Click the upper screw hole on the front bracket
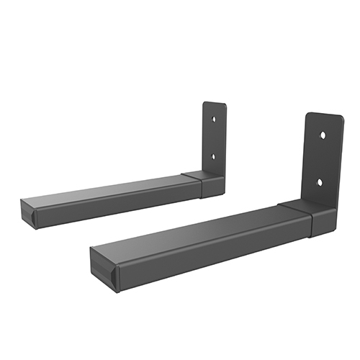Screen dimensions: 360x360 (322, 135)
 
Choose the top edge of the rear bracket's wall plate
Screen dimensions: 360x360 (214, 102)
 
